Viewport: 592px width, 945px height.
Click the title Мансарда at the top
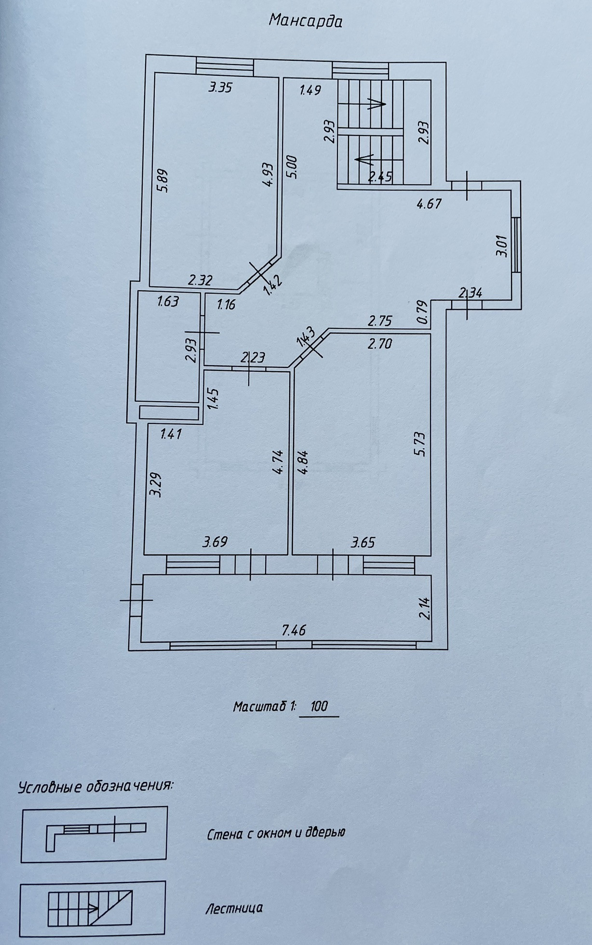coord(306,21)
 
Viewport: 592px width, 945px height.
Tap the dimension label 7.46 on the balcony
coord(294,630)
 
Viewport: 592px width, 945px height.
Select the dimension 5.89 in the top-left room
coord(162,180)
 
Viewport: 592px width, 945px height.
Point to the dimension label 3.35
coord(221,87)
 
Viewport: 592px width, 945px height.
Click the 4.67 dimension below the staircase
coord(429,203)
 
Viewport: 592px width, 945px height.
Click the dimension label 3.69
coord(215,542)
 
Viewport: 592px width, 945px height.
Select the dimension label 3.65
coord(363,542)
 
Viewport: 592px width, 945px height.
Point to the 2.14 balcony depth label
coord(424,608)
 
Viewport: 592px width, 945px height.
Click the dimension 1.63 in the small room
coord(168,301)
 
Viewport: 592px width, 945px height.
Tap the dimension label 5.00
coord(292,167)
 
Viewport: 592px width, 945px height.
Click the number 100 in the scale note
coord(319,706)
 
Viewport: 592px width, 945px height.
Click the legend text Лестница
coord(234,908)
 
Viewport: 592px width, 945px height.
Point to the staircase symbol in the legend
coord(90,908)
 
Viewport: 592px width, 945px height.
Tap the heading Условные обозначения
coord(96,786)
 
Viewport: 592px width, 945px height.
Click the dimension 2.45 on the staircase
coord(380,177)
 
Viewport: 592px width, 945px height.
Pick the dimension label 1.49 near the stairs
coord(310,90)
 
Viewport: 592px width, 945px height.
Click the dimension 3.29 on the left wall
coord(155,485)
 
